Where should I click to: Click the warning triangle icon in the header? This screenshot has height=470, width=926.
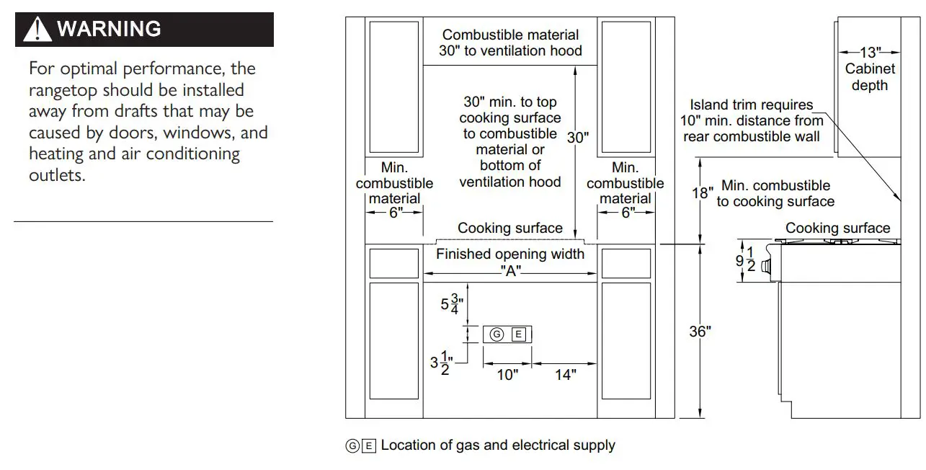click(x=37, y=30)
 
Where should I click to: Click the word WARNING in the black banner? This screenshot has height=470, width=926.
click(x=109, y=30)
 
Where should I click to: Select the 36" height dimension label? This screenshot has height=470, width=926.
click(x=700, y=332)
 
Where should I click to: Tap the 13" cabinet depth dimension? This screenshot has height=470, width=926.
click(x=870, y=53)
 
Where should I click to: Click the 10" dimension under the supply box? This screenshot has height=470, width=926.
click(x=507, y=375)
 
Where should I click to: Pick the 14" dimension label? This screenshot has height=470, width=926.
click(x=565, y=375)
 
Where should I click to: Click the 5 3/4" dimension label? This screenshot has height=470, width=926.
click(x=452, y=304)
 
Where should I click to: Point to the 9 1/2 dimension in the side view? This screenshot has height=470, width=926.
click(x=744, y=261)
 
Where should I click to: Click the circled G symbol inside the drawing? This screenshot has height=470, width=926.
click(x=497, y=334)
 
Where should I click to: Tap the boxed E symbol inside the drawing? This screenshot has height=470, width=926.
click(x=519, y=334)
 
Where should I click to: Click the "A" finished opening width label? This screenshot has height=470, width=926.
click(x=510, y=271)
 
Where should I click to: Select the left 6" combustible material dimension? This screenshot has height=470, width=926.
click(x=395, y=213)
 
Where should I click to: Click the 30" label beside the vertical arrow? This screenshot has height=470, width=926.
click(x=578, y=138)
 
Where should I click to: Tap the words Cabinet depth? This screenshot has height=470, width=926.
click(x=870, y=77)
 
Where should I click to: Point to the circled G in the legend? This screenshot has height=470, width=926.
click(x=352, y=446)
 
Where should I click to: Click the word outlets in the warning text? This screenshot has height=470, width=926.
click(x=57, y=175)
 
